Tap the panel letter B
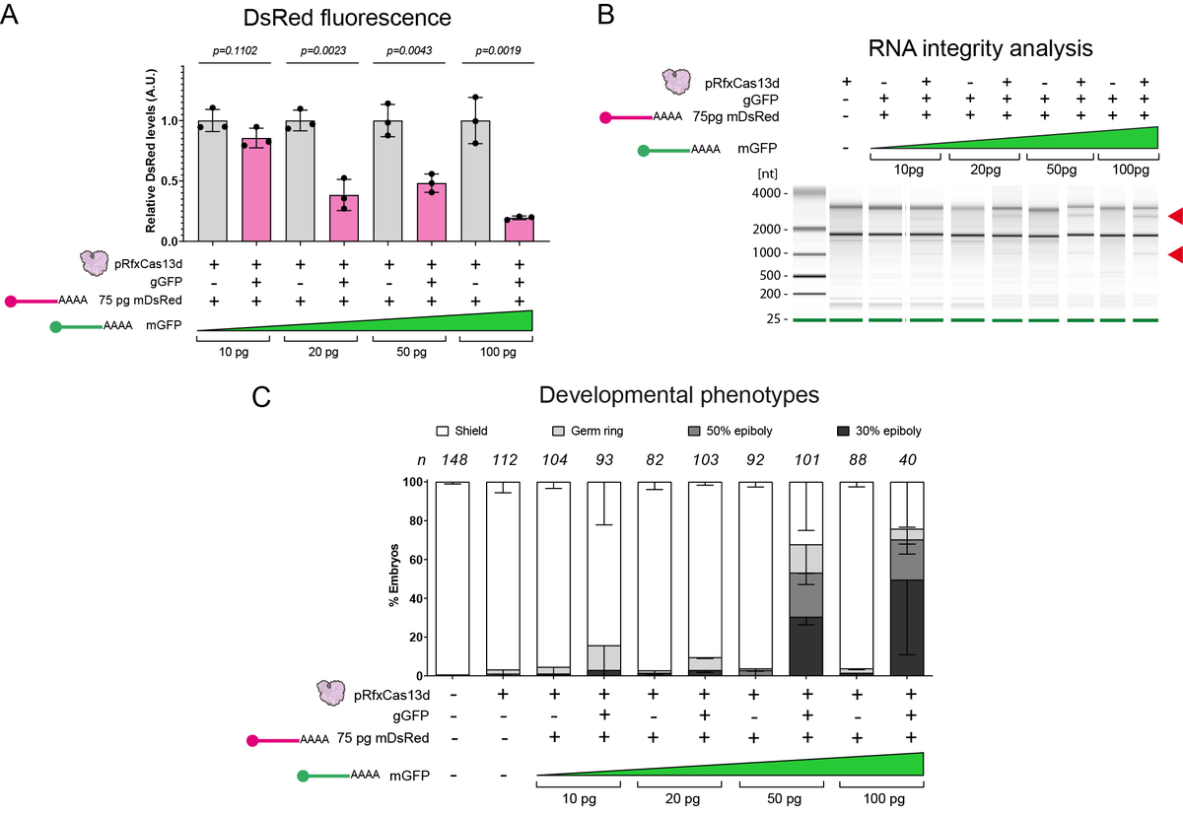[x=607, y=15]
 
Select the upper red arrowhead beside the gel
[x=1173, y=215]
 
